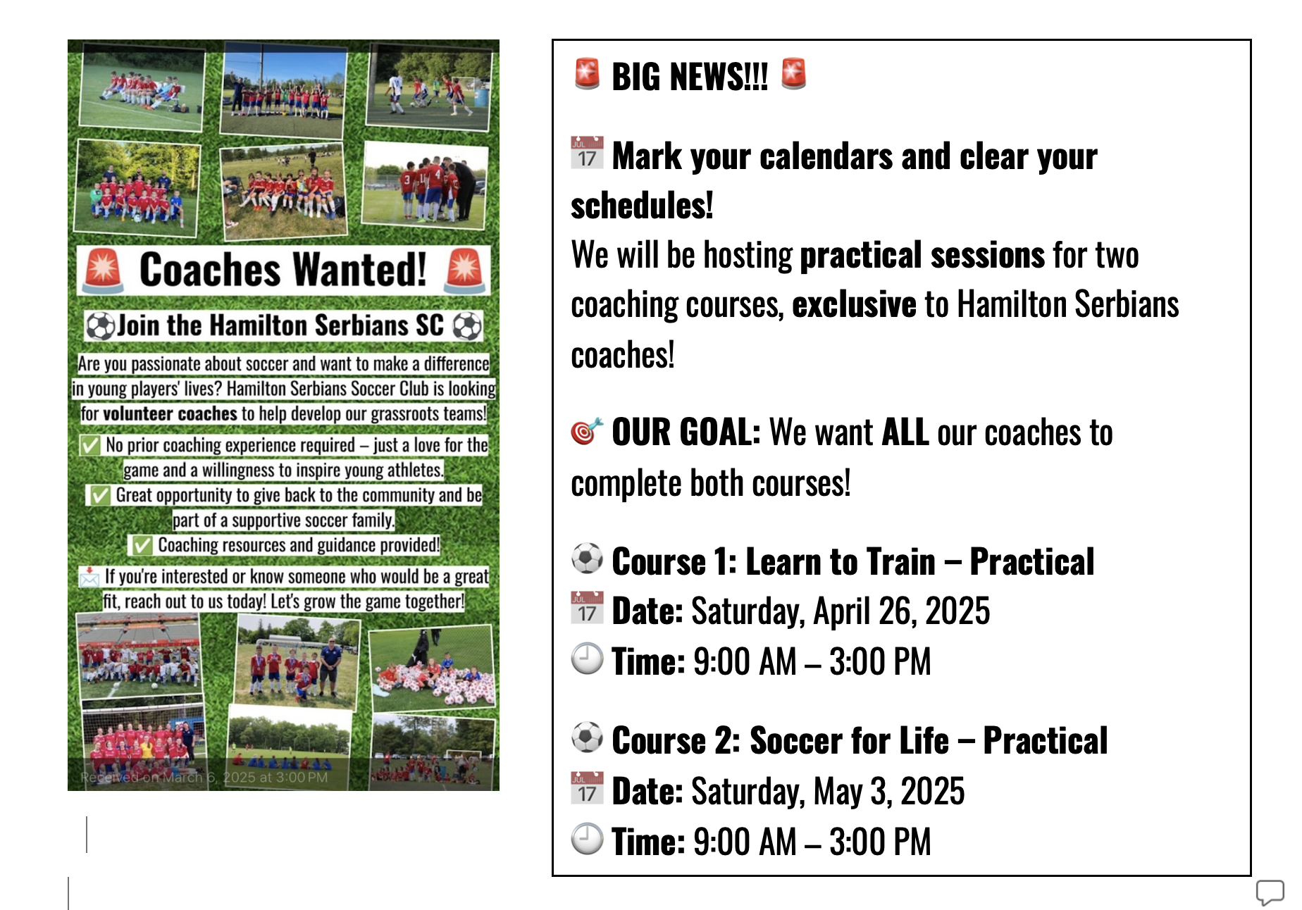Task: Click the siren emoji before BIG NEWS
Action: pos(587,74)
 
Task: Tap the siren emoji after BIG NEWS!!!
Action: pos(793,74)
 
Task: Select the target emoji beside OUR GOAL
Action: pos(587,432)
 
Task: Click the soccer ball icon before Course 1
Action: pos(587,559)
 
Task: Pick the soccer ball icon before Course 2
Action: pos(587,737)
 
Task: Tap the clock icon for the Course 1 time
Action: pos(587,659)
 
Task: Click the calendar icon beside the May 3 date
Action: pos(587,787)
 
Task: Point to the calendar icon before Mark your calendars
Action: pos(587,153)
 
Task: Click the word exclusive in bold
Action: pos(854,305)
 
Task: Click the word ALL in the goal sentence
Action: pos(905,432)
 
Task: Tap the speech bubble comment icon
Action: pos(1270,892)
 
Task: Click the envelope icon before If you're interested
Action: pos(89,578)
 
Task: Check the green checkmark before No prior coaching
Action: pos(90,445)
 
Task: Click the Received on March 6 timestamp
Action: pos(204,778)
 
